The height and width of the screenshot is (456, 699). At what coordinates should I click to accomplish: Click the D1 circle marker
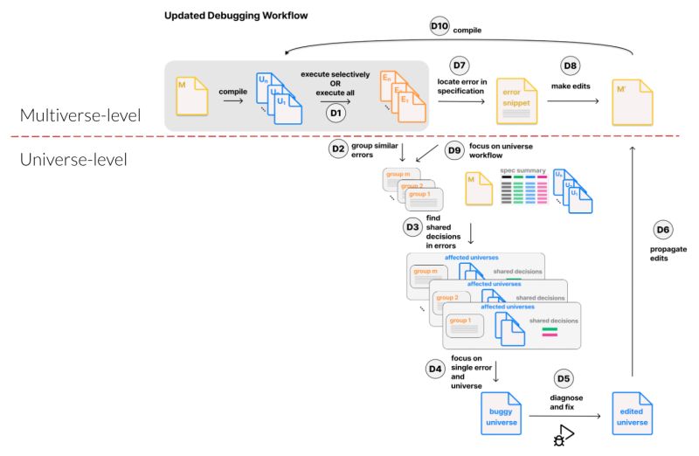pyautogui.click(x=334, y=113)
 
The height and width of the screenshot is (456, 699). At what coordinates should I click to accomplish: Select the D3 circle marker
pyautogui.click(x=412, y=227)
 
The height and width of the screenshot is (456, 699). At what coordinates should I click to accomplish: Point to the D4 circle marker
pyautogui.click(x=435, y=369)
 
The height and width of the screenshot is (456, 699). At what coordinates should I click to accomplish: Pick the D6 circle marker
pyautogui.click(x=663, y=230)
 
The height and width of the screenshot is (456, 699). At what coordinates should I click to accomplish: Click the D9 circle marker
pyautogui.click(x=454, y=149)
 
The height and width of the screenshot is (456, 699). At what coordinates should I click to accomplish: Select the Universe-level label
pyautogui.click(x=73, y=160)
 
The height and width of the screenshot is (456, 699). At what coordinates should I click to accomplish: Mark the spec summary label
pyautogui.click(x=523, y=169)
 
